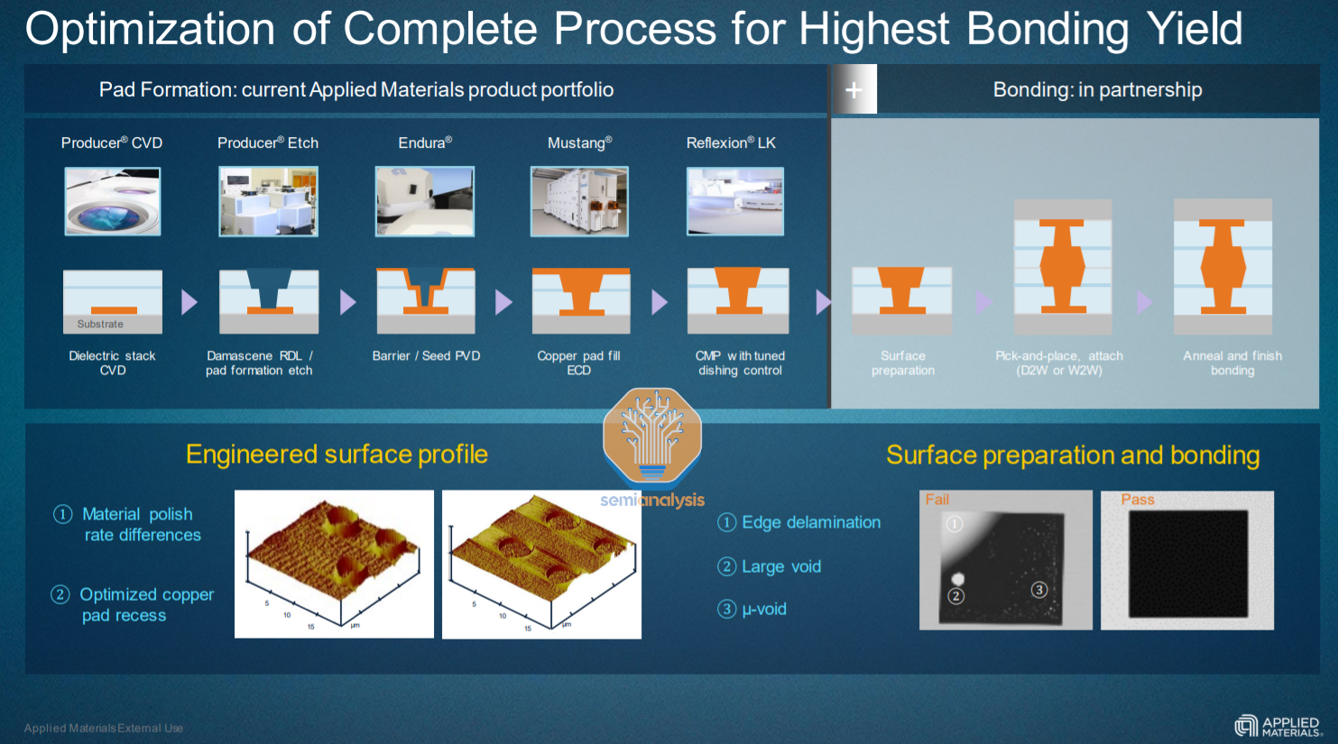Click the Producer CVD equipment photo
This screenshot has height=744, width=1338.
pyautogui.click(x=113, y=202)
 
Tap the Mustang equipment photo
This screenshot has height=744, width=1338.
pyautogui.click(x=579, y=202)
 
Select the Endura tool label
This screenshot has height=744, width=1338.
pyautogui.click(x=425, y=142)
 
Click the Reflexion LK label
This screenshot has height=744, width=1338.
pyautogui.click(x=731, y=142)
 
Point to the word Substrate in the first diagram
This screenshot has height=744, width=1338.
pyautogui.click(x=100, y=324)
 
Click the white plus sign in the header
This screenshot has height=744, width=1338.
pyautogui.click(x=854, y=89)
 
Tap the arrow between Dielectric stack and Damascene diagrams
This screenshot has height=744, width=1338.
pyautogui.click(x=189, y=301)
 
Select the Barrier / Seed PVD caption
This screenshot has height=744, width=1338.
pyautogui.click(x=426, y=356)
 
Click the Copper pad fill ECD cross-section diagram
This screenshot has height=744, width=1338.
pyautogui.click(x=580, y=300)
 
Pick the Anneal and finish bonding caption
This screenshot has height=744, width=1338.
pyautogui.click(x=1232, y=363)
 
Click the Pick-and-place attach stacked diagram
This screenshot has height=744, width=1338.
pyautogui.click(x=1062, y=267)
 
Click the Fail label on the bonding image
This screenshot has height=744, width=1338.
pyautogui.click(x=937, y=500)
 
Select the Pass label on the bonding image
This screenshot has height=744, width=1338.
pyautogui.click(x=1138, y=500)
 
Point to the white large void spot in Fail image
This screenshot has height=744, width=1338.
pyautogui.click(x=958, y=579)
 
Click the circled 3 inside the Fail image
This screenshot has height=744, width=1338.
pyautogui.click(x=1039, y=590)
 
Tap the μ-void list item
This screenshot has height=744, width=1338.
pyautogui.click(x=763, y=609)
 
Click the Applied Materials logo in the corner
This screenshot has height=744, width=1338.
pyautogui.click(x=1278, y=726)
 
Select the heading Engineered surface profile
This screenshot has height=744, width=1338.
pyautogui.click(x=337, y=455)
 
